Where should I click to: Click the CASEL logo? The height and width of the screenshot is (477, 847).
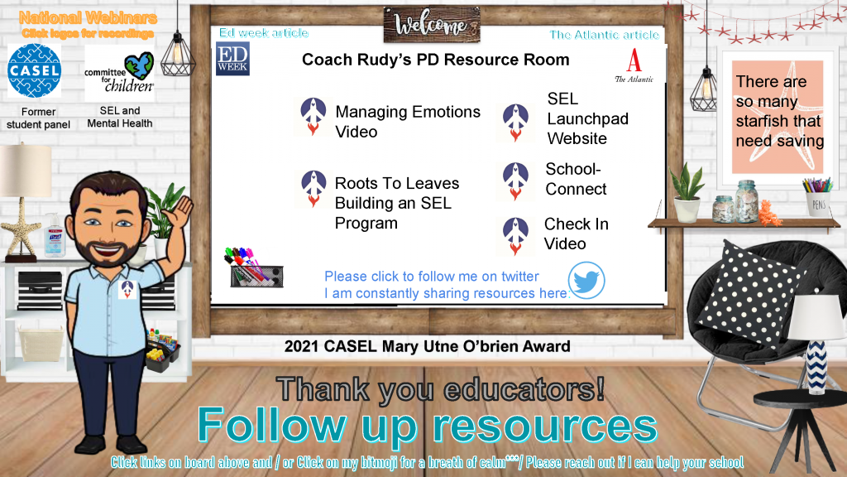tap(34, 71)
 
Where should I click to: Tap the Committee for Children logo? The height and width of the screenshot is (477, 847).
tap(119, 73)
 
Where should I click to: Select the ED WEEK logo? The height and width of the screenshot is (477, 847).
tap(232, 59)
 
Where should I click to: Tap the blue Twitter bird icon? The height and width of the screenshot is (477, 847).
tap(586, 281)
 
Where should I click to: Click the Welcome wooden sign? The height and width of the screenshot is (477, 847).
tap(432, 24)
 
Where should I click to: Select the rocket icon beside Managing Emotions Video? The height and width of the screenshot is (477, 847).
tap(313, 116)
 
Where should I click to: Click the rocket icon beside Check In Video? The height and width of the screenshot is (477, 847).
tap(516, 236)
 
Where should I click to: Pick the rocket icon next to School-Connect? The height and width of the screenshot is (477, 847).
tap(516, 181)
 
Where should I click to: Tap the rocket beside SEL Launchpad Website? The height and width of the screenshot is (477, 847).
tap(516, 123)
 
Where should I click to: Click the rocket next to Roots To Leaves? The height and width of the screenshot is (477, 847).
tap(313, 189)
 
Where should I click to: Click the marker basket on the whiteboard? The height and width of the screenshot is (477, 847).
tap(255, 268)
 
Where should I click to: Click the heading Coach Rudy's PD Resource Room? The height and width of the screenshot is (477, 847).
tap(435, 60)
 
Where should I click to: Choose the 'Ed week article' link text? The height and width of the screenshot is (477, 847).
tap(264, 33)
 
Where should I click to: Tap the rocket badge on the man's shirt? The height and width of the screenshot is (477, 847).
tap(127, 289)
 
